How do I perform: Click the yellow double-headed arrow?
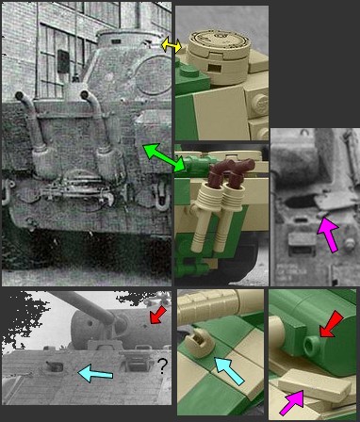(x=171, y=45)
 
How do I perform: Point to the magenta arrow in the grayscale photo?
(x=327, y=232)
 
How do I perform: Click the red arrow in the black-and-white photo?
(x=157, y=313)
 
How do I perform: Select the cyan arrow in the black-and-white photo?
(x=93, y=373)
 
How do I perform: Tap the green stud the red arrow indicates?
(x=312, y=346)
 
